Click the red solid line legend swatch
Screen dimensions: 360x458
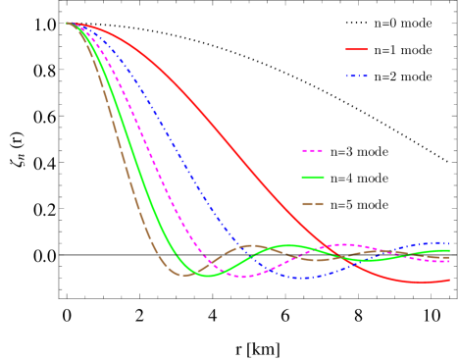[x=356, y=49]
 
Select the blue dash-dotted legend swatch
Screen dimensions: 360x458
[x=356, y=76]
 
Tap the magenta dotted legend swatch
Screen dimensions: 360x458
[x=313, y=151]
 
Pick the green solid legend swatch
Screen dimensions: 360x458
[x=313, y=178]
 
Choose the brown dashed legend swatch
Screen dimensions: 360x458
[x=313, y=204]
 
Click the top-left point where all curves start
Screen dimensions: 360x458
[x=68, y=23]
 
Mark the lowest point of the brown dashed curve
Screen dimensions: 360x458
[x=185, y=275]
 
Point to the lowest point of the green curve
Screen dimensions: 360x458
[x=208, y=276]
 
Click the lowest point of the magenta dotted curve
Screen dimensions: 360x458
[x=242, y=277]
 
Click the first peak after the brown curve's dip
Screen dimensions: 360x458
[x=253, y=245]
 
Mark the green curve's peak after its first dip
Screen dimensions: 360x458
[x=287, y=245]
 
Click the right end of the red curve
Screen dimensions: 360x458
[x=449, y=280]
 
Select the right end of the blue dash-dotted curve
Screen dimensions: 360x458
[x=449, y=243]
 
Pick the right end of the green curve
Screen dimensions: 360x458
[x=449, y=250]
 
